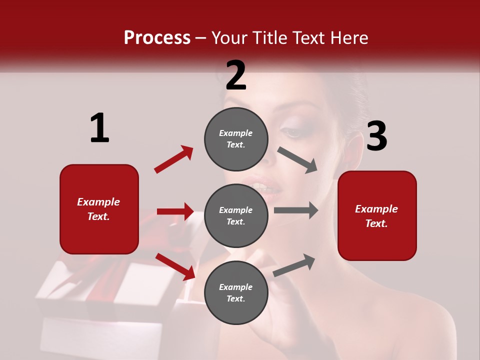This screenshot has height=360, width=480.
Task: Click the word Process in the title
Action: click(157, 37)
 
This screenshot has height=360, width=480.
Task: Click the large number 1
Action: click(99, 128)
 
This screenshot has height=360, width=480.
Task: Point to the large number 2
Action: click(236, 75)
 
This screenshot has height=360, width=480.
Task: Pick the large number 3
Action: click(376, 136)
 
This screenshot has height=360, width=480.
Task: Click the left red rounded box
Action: click(99, 209)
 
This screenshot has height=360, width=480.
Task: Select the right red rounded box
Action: click(377, 215)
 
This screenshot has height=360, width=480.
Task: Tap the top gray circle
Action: click(236, 139)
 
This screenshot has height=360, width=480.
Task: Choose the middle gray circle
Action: click(236, 215)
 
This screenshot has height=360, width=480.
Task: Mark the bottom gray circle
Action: click(236, 292)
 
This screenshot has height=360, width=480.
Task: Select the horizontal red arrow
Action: click(175, 211)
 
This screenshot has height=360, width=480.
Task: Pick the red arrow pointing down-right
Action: click(175, 266)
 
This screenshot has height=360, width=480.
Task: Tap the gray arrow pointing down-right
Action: click(297, 160)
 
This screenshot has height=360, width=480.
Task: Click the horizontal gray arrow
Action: click(296, 210)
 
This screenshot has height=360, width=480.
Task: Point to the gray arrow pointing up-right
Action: click(294, 265)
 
